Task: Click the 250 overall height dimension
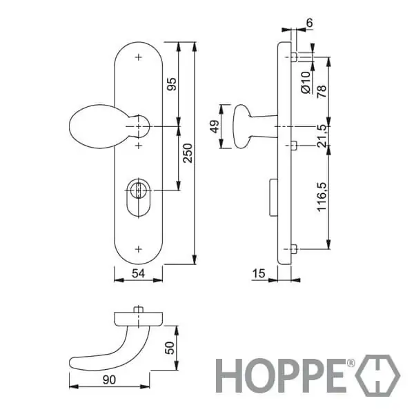coord(188,153)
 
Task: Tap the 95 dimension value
coord(172,84)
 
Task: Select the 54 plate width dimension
coord(139,273)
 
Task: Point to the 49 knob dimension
coord(215,126)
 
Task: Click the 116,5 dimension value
coord(322,197)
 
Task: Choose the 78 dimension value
coord(322,91)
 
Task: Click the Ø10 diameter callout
coord(306,82)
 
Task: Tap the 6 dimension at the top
coord(309,23)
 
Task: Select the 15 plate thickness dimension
coord(259,273)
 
